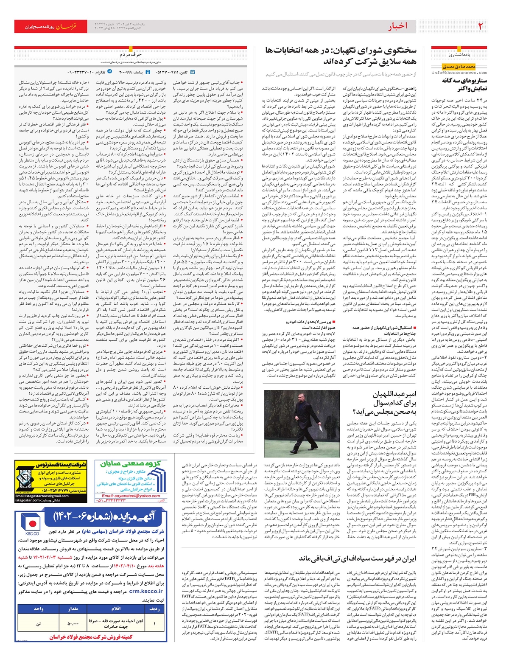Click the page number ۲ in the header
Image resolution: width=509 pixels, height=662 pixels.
point(481,26)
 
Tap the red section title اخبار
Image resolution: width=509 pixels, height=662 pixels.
point(397,26)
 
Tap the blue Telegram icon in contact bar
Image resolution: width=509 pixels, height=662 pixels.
point(110,72)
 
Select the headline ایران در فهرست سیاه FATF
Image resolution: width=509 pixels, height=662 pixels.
point(358,558)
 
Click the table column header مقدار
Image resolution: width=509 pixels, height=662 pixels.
point(73,609)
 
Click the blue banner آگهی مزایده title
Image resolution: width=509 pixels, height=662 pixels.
point(104,516)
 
